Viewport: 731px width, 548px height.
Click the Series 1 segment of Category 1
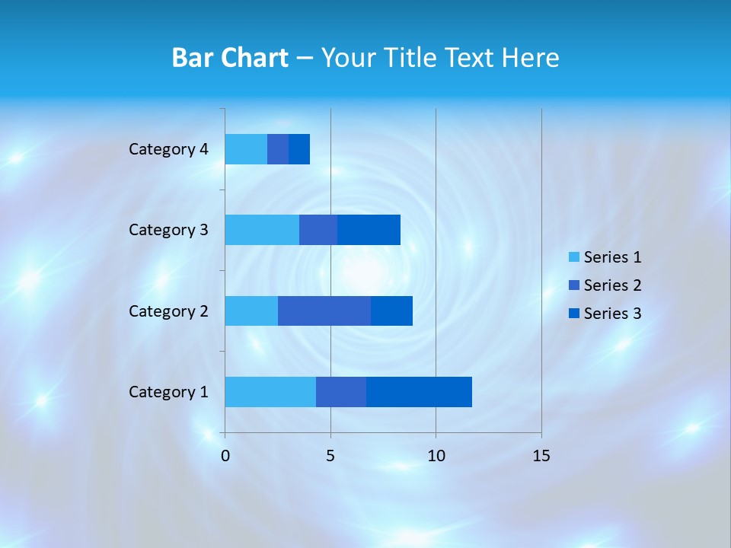click(x=270, y=392)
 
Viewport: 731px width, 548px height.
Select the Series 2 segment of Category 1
click(x=341, y=392)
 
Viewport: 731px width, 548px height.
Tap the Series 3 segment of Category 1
click(x=419, y=392)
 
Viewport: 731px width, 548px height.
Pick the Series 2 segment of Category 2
click(x=324, y=311)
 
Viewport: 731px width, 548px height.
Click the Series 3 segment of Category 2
click(x=391, y=311)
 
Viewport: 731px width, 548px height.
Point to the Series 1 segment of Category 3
click(x=262, y=230)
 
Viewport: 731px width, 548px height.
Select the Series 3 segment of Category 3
click(x=369, y=230)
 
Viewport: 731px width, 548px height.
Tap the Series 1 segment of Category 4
click(x=246, y=149)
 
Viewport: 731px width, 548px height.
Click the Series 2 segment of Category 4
click(x=278, y=149)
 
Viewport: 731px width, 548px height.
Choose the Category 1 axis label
click(x=168, y=392)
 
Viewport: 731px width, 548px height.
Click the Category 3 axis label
click(x=168, y=230)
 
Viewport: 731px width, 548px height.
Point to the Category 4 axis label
click(x=168, y=149)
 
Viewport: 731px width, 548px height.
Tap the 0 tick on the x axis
click(x=225, y=456)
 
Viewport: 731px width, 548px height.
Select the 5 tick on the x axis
click(x=330, y=456)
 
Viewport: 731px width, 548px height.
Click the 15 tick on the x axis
click(x=541, y=456)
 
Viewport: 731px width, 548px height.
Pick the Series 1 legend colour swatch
click(x=574, y=257)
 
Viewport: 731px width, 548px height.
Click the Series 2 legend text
click(x=612, y=285)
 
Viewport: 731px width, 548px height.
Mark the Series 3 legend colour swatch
click(x=574, y=314)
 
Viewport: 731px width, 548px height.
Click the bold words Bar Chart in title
click(x=230, y=58)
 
